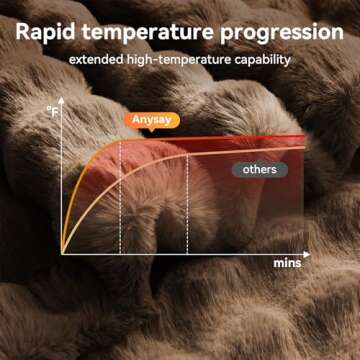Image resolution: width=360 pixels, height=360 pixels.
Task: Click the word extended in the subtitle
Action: (96, 60)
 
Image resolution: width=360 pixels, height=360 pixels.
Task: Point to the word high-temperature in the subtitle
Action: (177, 60)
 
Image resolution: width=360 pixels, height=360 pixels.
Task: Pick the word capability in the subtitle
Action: (260, 60)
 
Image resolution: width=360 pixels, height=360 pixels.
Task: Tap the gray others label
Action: (259, 169)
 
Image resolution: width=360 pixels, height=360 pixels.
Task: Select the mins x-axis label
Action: (287, 264)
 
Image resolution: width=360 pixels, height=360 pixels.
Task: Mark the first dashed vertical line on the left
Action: (120, 200)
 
